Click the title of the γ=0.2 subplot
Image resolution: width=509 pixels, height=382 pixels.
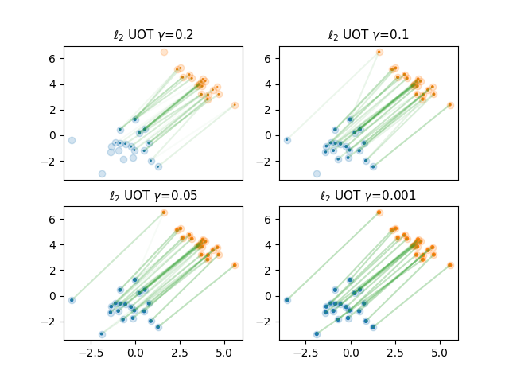pos(153,35)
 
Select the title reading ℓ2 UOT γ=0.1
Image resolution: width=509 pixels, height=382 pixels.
pos(368,35)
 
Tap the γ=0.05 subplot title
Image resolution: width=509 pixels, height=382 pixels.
pos(153,195)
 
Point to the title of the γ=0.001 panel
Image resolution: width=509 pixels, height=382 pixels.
pos(368,195)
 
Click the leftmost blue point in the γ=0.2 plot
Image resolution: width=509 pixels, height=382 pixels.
pos(72,140)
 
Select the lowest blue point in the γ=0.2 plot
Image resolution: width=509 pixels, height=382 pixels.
pos(102,173)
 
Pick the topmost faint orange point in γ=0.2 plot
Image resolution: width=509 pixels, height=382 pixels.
pos(164,52)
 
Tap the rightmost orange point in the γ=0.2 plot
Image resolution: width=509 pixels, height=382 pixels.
pos(235,105)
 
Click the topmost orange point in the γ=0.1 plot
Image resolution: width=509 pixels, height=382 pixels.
pos(379,52)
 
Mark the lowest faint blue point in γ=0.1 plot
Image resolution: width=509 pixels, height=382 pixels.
pos(317,173)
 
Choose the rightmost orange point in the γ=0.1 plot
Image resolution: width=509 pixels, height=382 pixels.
pos(450,105)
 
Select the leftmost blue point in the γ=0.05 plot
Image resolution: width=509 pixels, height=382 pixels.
pos(72,300)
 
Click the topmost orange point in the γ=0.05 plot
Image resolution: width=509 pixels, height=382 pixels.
pos(164,212)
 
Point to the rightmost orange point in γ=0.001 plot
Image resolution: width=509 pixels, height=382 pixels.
pos(450,265)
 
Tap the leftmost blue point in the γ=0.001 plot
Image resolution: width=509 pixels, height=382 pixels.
pos(287,300)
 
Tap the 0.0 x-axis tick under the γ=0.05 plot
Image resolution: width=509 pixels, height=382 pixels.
pos(135,350)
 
